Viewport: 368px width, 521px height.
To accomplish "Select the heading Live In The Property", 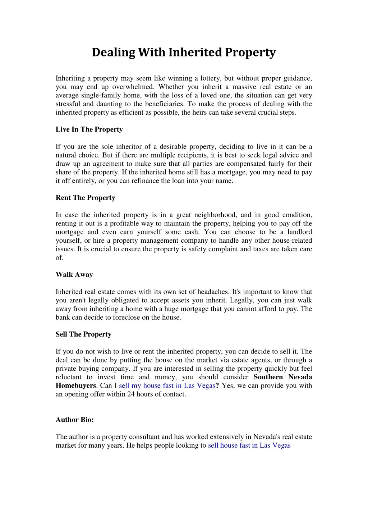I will (89, 129).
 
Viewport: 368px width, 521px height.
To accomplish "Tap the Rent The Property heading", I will (85, 198).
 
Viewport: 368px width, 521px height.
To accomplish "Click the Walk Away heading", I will (74, 275).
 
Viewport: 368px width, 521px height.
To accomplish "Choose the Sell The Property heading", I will (83, 334).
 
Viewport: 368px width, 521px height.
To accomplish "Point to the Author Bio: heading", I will (74, 420).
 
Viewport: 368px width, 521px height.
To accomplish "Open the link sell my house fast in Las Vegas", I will (167, 386).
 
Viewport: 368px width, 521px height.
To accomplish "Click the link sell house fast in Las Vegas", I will (249, 445).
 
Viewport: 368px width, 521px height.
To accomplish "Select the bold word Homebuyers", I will (75, 386).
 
